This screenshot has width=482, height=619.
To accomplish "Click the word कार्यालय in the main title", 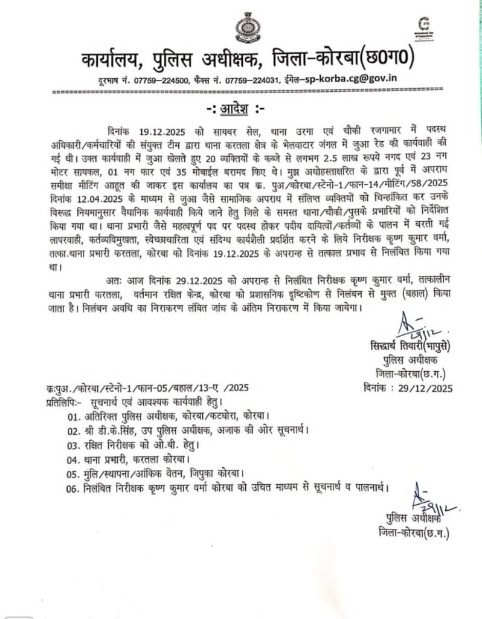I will (111, 62).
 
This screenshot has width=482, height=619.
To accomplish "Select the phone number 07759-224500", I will (164, 80).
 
